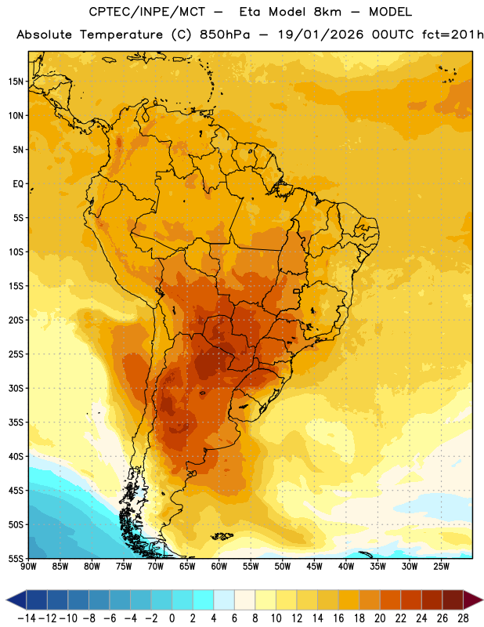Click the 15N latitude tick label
[16, 82]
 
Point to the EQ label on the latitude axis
[18, 184]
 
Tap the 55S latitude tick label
[16, 559]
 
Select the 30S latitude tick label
[16, 388]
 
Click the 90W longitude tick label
[28, 567]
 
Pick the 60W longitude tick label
[219, 567]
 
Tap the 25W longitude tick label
[441, 567]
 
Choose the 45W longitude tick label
[314, 567]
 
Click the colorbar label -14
[27, 618]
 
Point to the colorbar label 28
[463, 618]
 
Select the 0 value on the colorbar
[172, 618]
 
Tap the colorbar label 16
[338, 618]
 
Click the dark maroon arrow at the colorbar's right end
[473, 600]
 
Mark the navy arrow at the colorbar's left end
[16, 600]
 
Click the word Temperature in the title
[121, 34]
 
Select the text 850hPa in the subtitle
[225, 34]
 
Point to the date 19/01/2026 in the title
[320, 34]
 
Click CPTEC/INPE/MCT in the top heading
[146, 12]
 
